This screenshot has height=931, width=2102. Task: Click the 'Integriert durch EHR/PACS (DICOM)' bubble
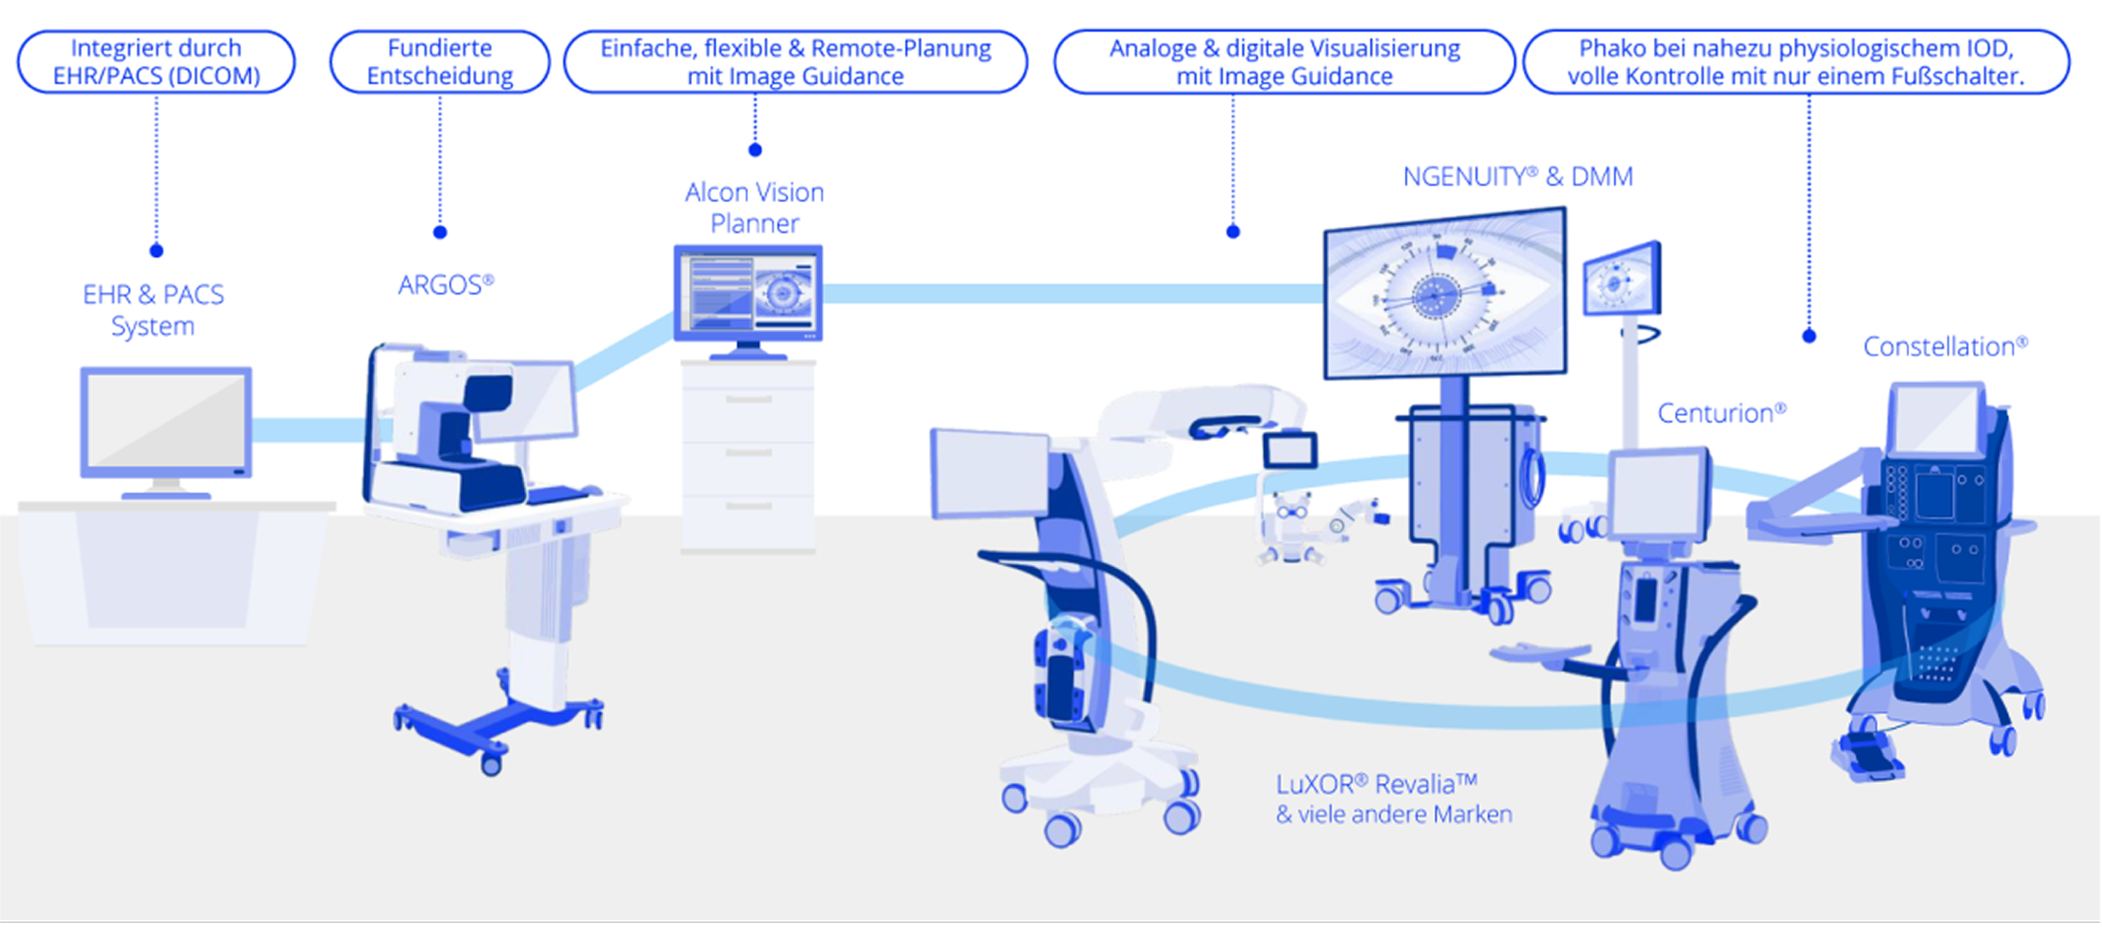tap(156, 62)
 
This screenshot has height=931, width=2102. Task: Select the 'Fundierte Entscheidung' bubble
tap(440, 62)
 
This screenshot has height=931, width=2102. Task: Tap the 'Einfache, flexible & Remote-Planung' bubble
tap(796, 62)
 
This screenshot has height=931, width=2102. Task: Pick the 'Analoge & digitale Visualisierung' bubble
tap(1285, 62)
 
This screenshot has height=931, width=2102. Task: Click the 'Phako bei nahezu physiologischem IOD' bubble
tap(1796, 62)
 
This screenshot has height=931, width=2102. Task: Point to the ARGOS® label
tap(445, 285)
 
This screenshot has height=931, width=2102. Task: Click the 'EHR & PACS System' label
tap(153, 310)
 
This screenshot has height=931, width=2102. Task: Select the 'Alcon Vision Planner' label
tap(754, 207)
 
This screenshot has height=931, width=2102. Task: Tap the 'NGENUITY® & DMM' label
tap(1518, 177)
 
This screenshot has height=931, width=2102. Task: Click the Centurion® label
tap(1721, 413)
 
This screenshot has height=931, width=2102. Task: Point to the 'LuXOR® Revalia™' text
tap(1377, 784)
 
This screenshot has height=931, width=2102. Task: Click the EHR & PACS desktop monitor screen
tap(166, 422)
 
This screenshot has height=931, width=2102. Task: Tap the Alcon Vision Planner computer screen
tap(747, 293)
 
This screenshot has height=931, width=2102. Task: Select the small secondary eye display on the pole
tap(1620, 279)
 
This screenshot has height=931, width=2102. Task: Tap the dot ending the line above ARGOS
tap(440, 233)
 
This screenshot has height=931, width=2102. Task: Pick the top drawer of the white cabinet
tap(748, 399)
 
